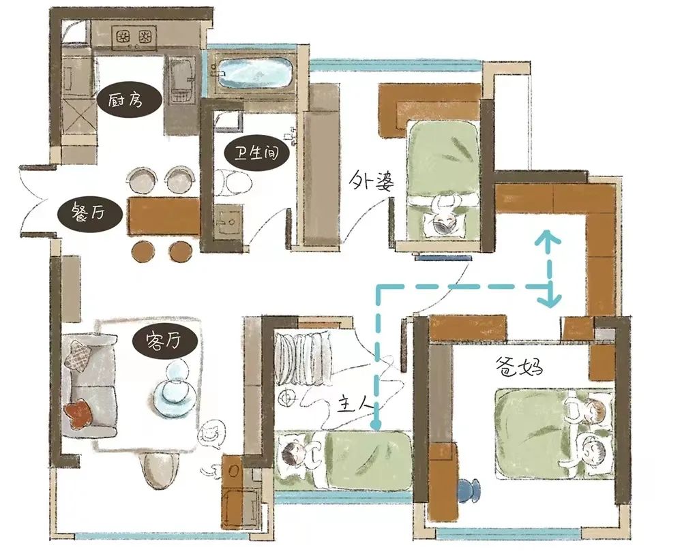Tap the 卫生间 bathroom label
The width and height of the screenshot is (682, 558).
257,154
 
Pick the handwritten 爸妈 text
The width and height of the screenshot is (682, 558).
519,367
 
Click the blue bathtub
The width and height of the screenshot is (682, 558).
254,73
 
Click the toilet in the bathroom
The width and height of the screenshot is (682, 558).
233,182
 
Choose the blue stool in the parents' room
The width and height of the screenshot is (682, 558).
469,491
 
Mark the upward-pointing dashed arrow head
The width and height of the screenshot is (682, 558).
548,238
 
